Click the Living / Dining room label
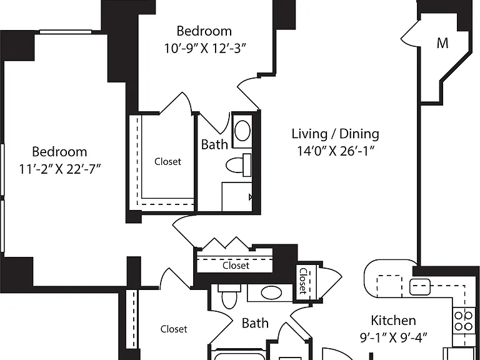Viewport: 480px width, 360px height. point(335,134)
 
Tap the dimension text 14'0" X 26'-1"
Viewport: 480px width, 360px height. point(336,151)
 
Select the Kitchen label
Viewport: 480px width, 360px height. point(393,321)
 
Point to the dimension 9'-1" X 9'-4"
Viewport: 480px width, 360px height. point(393,337)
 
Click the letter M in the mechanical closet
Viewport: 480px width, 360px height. point(442,43)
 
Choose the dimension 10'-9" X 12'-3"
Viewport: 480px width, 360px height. point(205,48)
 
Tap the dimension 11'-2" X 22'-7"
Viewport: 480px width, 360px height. point(60,169)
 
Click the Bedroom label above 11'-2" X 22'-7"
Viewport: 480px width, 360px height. point(59,152)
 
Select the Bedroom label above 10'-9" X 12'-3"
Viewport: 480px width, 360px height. point(204,31)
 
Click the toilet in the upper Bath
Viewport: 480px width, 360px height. point(239,165)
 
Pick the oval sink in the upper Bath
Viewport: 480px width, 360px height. point(242,131)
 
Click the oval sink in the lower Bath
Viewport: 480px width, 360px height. point(271,292)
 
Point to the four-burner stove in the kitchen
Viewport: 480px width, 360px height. point(463,321)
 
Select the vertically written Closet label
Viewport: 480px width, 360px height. point(303,281)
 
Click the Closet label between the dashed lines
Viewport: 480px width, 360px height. point(236,266)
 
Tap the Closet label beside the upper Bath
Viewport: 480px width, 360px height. point(167,162)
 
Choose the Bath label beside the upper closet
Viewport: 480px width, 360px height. point(214,144)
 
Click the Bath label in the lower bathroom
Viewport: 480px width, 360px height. point(255,323)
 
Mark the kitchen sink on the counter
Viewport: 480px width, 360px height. point(420,287)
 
